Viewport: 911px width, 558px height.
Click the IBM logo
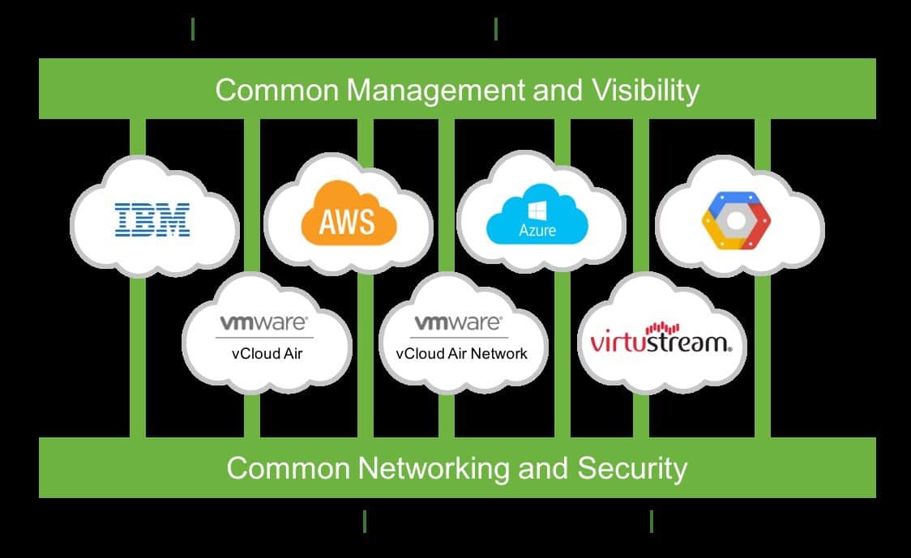pos(152,219)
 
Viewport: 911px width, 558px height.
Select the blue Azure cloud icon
pos(537,214)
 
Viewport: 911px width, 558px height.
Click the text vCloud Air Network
pos(461,353)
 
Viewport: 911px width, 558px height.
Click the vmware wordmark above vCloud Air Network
pos(458,323)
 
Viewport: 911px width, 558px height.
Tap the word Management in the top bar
pos(435,90)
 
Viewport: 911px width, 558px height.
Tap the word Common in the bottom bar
pos(288,468)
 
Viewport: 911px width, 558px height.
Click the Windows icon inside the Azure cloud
pos(537,208)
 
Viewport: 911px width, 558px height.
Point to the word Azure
pos(537,231)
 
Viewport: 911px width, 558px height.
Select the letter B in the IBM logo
pos(152,219)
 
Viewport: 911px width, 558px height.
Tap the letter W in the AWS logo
pos(349,220)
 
